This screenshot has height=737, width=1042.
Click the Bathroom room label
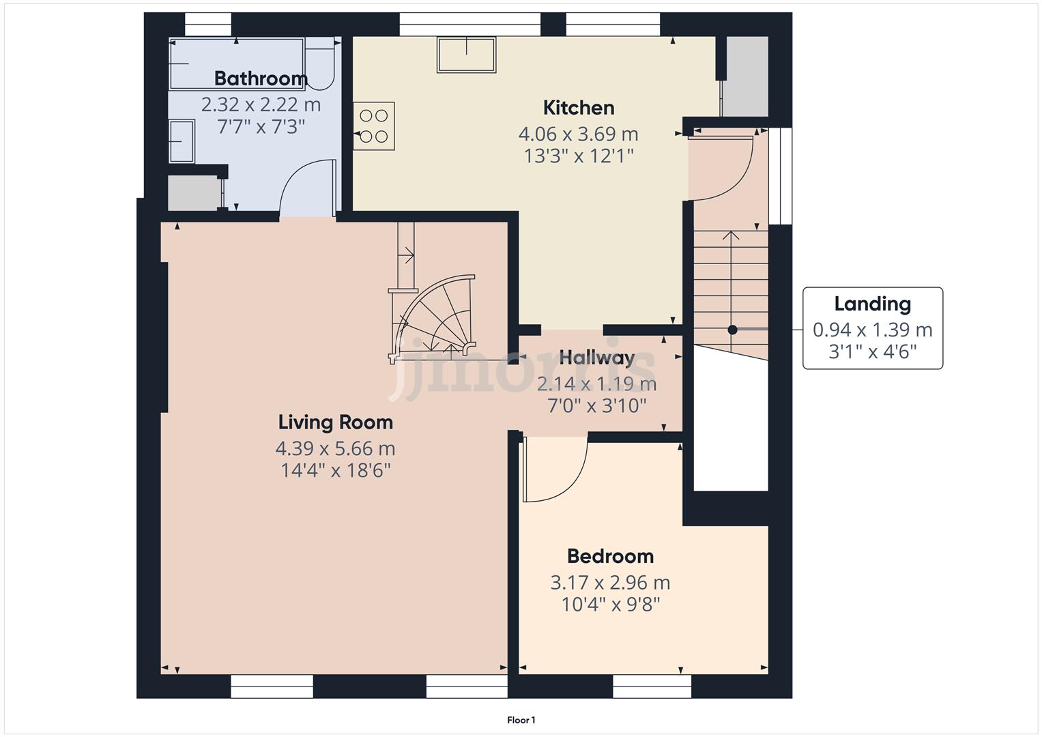coord(261,78)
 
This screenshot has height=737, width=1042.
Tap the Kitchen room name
coord(579,108)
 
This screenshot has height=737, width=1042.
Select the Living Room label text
coord(335,422)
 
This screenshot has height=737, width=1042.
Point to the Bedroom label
coord(610,556)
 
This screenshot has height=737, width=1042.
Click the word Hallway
coord(597,358)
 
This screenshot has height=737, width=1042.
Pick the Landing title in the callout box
coord(872,304)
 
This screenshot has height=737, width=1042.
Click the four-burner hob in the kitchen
coord(374,127)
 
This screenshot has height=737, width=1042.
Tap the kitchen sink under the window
coord(467,55)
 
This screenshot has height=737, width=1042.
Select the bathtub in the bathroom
coord(236,63)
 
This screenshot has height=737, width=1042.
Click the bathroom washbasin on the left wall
coord(182,141)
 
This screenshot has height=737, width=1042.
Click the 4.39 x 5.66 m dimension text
coord(335,449)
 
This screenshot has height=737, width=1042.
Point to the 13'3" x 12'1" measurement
coord(579,156)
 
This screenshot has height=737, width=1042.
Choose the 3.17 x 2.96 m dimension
coord(610,583)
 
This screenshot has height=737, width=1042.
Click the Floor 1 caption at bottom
coord(521,720)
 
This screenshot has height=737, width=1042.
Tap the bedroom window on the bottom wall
coord(652,687)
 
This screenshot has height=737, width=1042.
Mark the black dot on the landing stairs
coord(732,330)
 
